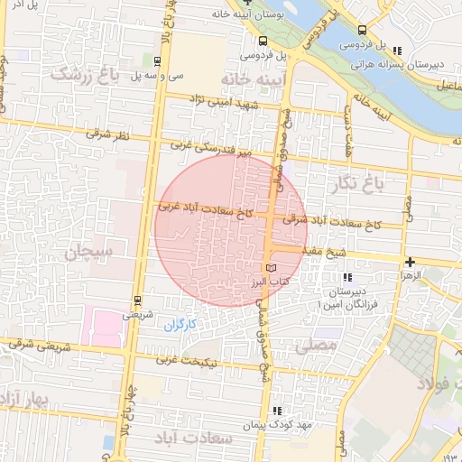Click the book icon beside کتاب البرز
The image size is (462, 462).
[272, 269]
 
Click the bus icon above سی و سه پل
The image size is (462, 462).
[159, 61]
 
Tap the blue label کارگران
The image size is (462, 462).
[180, 322]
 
